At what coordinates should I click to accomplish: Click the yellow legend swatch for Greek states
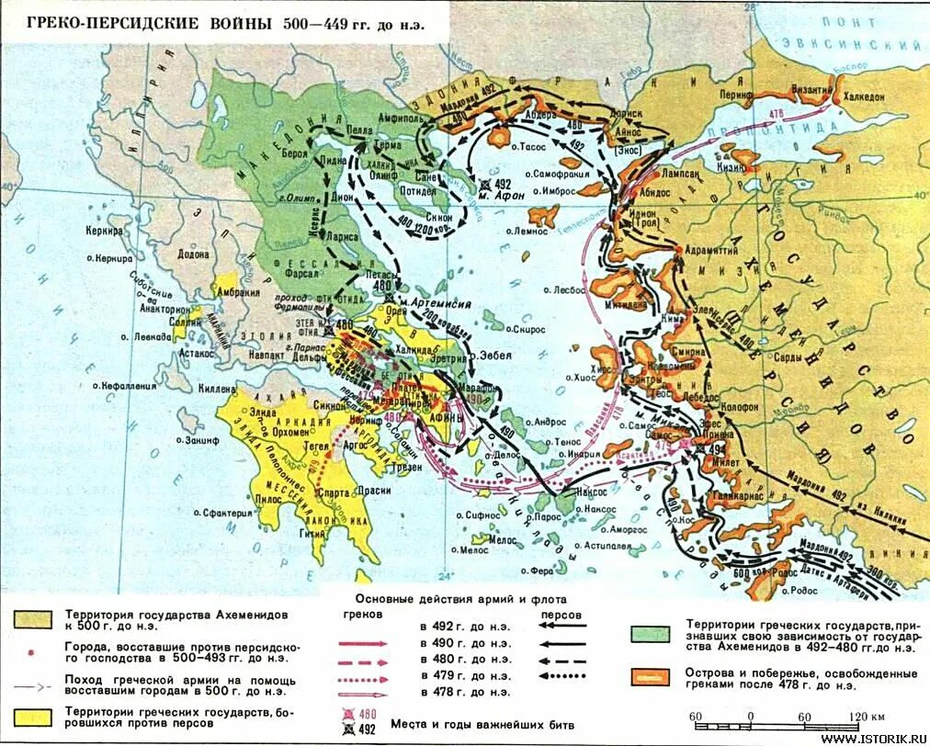click(x=31, y=718)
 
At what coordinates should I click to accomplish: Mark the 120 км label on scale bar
click(x=868, y=718)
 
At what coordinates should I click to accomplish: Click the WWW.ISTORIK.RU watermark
click(x=872, y=738)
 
